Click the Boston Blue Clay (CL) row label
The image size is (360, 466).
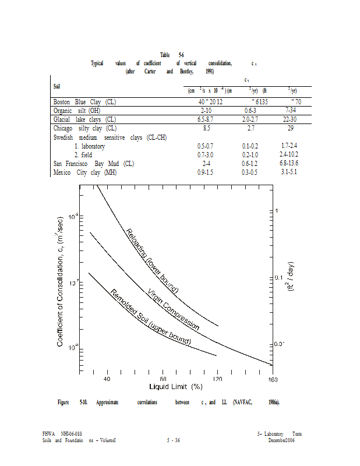85,102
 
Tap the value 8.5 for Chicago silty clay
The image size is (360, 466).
207,128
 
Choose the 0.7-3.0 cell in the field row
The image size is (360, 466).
207,154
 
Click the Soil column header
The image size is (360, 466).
57,86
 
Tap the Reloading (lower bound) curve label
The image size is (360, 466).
152,260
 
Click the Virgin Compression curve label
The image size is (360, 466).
173,310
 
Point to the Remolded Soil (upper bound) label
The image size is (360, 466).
150,317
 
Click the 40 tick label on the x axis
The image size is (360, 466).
107,379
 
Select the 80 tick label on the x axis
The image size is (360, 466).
163,379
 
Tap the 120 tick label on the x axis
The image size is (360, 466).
217,379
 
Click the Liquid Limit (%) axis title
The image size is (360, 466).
175,387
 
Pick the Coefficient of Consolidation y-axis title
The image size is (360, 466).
61,280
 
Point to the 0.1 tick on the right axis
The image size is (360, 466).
280,277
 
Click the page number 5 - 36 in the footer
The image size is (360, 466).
173,440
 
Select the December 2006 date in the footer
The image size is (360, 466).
281,440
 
